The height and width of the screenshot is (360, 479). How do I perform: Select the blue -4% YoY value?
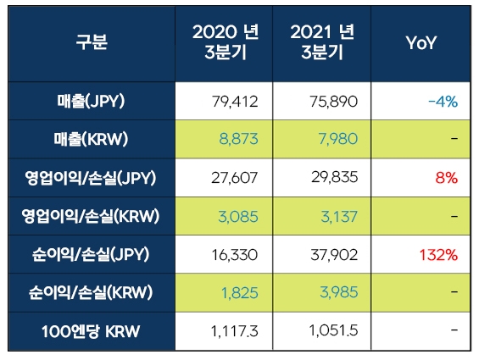[443, 102]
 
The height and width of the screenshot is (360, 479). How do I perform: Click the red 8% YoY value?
[447, 178]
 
